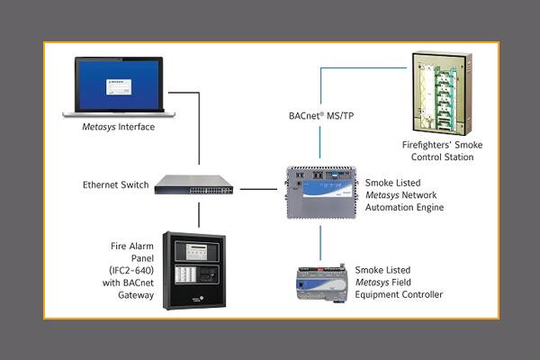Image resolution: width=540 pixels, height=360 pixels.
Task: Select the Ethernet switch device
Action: point(193,184)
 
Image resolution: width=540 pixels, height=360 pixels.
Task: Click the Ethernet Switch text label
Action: point(112,186)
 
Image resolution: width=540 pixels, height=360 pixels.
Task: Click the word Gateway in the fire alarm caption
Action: point(122,293)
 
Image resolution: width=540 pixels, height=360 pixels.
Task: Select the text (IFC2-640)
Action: point(123,268)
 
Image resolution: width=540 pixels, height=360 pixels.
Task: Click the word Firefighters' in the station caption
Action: point(422,144)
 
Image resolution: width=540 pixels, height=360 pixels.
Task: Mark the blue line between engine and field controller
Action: point(320,241)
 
